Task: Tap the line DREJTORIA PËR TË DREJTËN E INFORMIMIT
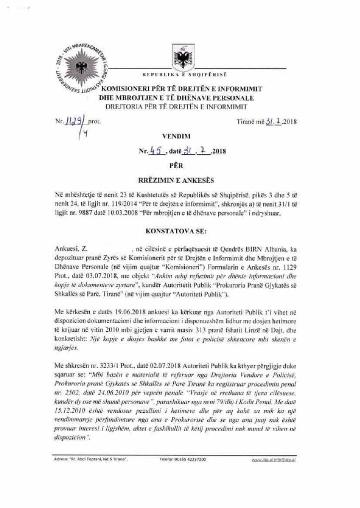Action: click(x=177, y=107)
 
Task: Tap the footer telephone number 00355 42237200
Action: click(x=191, y=459)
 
